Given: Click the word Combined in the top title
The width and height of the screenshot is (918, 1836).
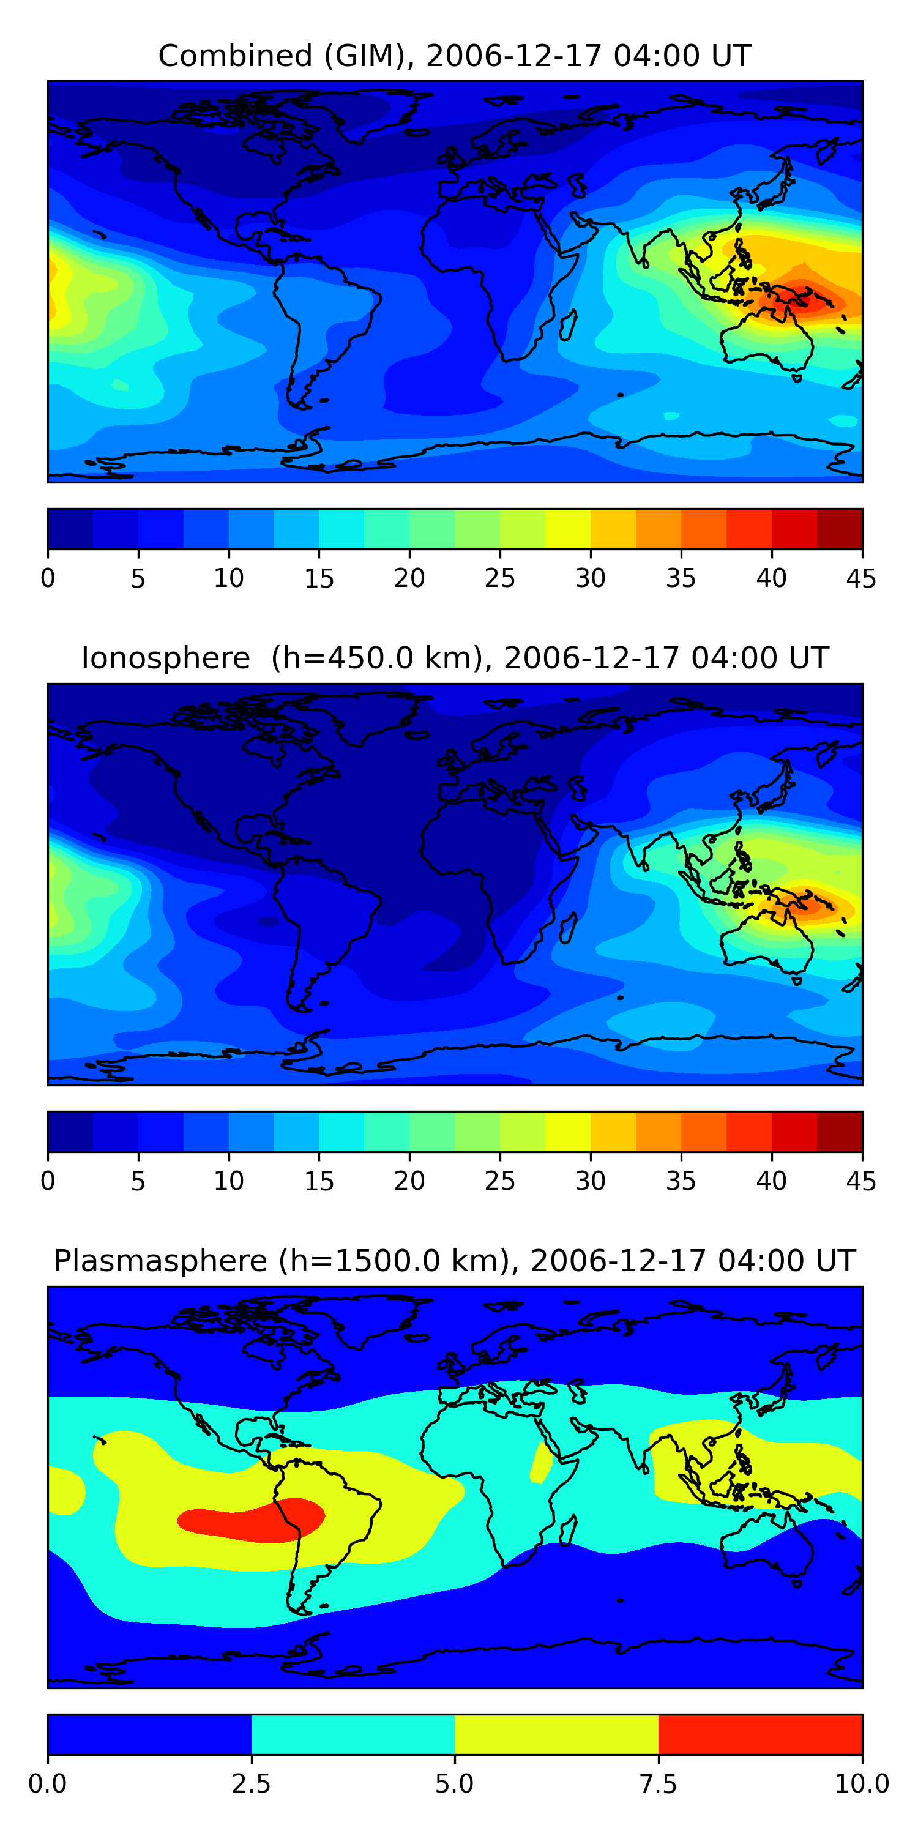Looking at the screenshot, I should [235, 56].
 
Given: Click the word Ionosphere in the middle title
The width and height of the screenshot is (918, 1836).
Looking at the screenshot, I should [165, 658].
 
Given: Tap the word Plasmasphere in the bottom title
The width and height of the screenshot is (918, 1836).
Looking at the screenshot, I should [160, 1261].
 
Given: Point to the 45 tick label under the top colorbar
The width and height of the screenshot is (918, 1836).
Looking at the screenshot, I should [861, 578].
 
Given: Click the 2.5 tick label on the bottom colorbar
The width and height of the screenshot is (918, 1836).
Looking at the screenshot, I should [251, 1784].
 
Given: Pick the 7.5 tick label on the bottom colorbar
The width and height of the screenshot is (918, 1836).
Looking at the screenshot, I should [658, 1784].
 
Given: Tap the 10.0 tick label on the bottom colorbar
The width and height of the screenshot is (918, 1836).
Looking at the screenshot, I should [861, 1784].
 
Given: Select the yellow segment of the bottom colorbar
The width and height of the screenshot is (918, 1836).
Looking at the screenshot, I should [556, 1734].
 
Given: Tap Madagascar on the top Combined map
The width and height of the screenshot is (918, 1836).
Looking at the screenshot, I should [568, 325].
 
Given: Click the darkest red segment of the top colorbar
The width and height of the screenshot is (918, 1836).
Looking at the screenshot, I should [839, 529].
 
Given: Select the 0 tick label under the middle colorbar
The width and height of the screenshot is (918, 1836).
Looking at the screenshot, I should [48, 1181].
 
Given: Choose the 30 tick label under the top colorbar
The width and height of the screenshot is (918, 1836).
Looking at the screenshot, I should [590, 578].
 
